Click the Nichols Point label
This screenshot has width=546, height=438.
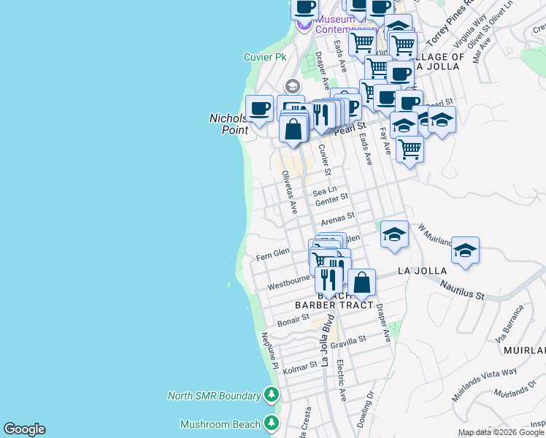(229, 123)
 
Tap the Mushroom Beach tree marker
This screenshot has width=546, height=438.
(272, 423)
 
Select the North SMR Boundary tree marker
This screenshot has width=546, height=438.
(272, 396)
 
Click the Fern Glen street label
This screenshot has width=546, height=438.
(273, 253)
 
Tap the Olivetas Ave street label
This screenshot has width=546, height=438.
(290, 192)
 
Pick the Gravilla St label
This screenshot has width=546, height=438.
(347, 341)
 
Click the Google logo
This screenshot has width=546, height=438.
(24, 429)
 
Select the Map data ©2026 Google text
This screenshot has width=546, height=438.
(501, 432)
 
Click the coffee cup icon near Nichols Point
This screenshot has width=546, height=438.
(259, 109)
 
